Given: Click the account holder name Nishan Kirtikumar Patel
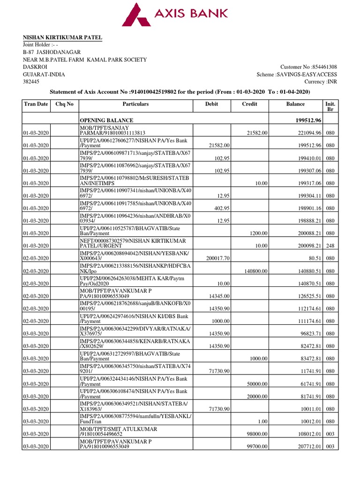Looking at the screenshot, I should [63, 37].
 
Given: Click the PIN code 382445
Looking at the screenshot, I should [32, 82].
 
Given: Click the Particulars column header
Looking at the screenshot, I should [135, 104].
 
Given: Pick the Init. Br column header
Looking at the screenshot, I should [330, 106].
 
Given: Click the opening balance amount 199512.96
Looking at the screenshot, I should [306, 120].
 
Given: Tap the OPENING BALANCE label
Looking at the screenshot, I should [106, 120].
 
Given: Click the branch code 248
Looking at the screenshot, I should [330, 246].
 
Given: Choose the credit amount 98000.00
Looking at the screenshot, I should [257, 434].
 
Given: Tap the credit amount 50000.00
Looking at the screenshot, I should [257, 384].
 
